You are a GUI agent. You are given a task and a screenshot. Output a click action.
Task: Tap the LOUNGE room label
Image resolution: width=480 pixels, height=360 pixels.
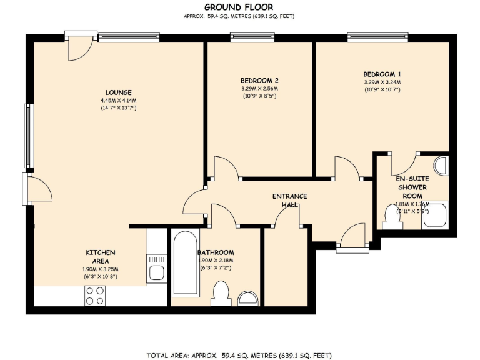[118, 92]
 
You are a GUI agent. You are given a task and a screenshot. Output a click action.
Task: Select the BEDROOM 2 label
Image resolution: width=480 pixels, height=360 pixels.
[259, 80]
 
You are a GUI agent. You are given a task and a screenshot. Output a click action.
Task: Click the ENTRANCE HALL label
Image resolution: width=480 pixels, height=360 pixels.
[289, 201]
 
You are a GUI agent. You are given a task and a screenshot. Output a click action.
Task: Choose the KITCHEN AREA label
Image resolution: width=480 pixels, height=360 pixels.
[100, 256]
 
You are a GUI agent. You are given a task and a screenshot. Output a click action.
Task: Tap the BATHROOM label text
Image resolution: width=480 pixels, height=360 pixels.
[216, 252]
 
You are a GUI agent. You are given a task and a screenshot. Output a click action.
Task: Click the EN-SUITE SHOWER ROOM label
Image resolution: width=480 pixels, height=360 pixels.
[412, 187]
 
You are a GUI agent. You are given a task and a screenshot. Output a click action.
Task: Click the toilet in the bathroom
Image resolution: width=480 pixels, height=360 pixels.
[221, 292]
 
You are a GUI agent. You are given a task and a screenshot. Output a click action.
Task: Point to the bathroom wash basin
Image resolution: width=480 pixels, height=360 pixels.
[249, 298]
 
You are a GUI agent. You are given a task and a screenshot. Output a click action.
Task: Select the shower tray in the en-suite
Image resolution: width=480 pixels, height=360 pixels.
[435, 216]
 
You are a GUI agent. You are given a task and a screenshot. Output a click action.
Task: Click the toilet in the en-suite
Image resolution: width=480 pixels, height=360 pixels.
[392, 217]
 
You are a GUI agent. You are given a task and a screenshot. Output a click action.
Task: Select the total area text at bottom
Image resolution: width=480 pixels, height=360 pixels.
[239, 355]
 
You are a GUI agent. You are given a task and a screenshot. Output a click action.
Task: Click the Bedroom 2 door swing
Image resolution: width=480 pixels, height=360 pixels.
[226, 167]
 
